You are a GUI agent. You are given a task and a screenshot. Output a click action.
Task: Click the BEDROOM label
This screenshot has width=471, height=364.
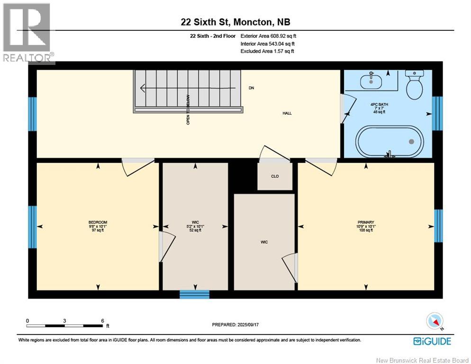pos(98,222)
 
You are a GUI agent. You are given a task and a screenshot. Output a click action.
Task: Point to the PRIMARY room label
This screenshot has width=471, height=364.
pos(366,222)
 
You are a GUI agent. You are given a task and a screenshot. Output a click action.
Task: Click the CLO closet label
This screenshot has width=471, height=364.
pos(275,176)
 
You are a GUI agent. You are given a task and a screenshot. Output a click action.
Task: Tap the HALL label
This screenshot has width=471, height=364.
pos(287,113)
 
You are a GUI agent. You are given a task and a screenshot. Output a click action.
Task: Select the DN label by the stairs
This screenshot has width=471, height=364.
pos(251,88)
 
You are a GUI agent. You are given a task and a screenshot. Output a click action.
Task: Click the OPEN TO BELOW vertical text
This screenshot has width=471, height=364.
pos(188,109)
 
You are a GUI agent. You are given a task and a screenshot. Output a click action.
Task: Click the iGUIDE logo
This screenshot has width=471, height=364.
pos(432,341)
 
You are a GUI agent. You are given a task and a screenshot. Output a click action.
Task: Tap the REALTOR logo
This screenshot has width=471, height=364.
pos(27,33)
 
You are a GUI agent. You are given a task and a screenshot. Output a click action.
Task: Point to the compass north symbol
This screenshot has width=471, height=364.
pos(435,321)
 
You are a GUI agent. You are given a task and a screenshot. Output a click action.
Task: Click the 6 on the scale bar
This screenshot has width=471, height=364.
pos(102,320)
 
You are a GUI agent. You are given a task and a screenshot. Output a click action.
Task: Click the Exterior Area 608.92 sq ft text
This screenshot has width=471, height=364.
pos(268,36)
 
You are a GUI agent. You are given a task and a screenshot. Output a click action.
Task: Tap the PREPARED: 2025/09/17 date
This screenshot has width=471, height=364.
pos(235,325)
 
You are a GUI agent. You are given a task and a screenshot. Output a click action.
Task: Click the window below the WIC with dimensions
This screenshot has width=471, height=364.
pos(194,294)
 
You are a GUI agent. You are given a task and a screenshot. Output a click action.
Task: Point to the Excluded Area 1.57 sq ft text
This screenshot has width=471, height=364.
pos(267,51)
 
